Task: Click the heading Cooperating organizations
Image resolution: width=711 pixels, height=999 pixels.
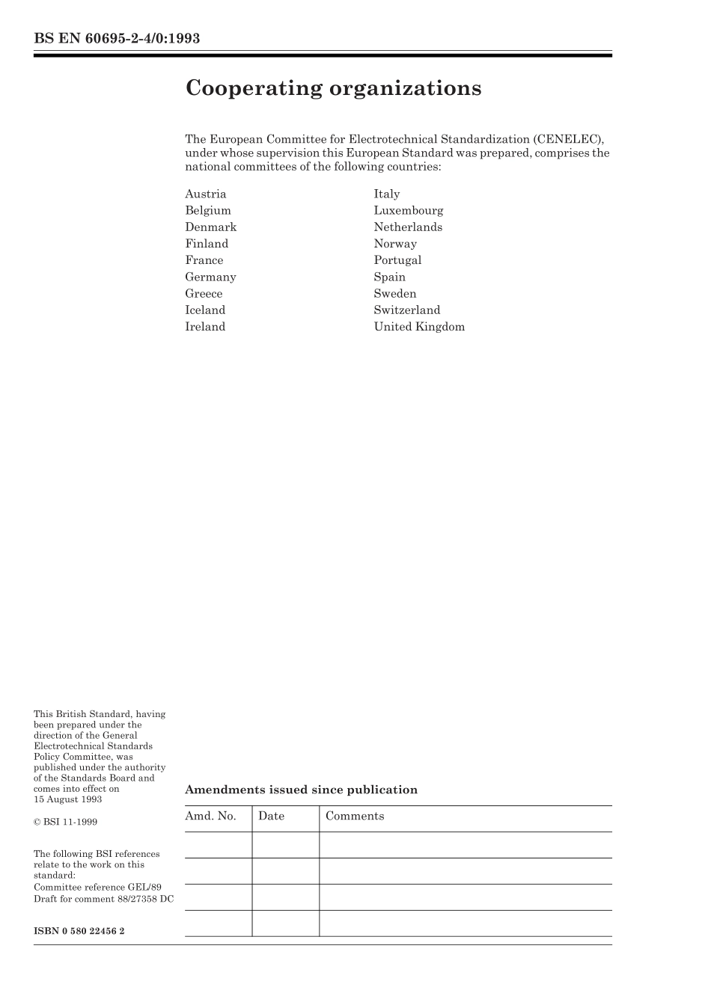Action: [333, 88]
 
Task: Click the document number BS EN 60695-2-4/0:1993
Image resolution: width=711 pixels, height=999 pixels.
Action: [117, 38]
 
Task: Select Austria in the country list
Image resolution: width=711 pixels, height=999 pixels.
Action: [205, 194]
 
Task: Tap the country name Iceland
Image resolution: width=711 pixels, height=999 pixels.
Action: [205, 310]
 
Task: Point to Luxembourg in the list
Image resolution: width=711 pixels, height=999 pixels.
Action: [409, 211]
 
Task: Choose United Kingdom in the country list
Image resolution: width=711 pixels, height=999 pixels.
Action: [419, 327]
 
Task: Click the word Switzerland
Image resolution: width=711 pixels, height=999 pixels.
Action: [407, 310]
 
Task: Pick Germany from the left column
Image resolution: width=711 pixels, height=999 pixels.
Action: [210, 277]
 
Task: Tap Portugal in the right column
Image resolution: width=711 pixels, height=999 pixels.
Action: [397, 260]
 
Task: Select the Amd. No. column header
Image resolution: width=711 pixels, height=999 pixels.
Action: [210, 817]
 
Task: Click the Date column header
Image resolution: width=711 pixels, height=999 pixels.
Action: [271, 817]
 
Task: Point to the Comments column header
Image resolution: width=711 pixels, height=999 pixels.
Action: [355, 817]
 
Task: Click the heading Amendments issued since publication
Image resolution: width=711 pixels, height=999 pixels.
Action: [301, 790]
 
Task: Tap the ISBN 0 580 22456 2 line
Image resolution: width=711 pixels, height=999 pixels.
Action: [79, 931]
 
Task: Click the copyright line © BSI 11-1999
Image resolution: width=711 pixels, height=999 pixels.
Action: [65, 822]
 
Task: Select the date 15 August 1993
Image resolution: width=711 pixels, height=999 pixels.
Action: [68, 799]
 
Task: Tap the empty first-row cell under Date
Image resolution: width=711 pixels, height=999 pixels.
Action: [285, 845]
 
